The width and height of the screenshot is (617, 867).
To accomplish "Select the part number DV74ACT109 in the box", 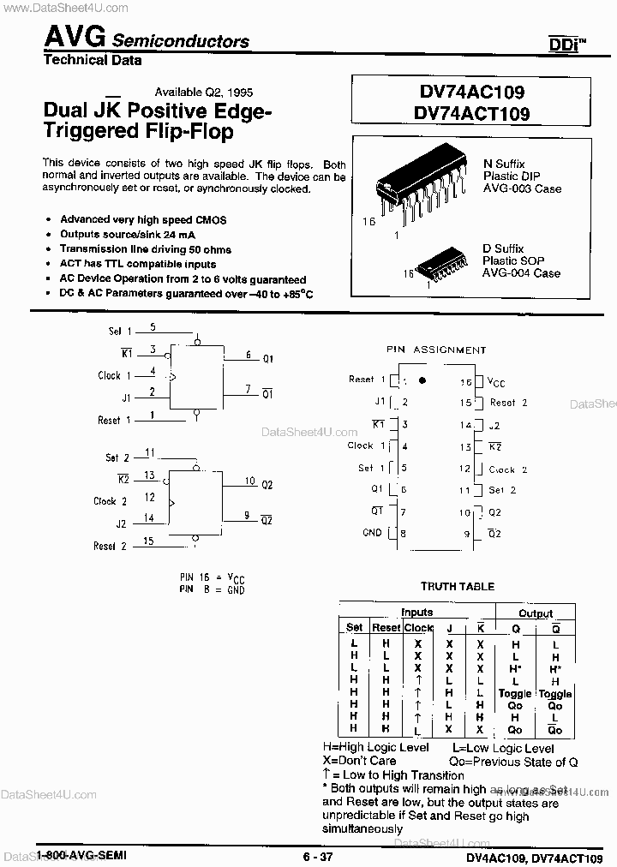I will click(470, 113).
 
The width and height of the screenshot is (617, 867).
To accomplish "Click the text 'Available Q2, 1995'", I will click(203, 92).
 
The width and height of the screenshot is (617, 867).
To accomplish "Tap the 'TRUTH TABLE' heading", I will click(457, 586).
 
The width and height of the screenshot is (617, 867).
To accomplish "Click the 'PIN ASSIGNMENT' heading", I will click(438, 350).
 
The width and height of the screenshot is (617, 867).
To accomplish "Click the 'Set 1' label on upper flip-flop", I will click(120, 331).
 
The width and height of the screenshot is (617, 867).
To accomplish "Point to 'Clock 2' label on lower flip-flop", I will click(110, 501).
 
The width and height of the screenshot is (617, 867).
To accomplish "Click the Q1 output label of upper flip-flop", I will click(267, 357).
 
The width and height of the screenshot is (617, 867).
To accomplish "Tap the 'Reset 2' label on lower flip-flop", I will click(110, 546).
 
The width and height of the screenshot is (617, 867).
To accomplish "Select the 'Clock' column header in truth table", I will click(418, 628).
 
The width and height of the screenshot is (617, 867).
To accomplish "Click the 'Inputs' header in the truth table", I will click(417, 613).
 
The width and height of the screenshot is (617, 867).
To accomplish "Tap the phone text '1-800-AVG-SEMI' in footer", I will click(82, 857).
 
